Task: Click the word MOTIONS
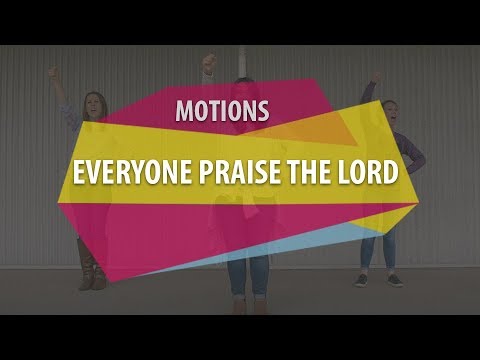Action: point(222,110)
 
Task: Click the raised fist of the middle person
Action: point(209,61)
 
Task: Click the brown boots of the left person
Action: point(92,275)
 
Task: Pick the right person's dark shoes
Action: point(379,281)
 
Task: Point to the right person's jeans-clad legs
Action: point(379,250)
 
